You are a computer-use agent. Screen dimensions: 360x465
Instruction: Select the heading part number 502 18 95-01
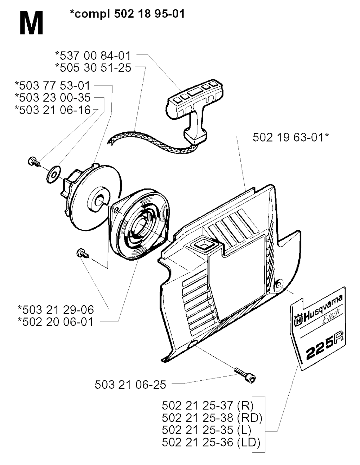click(x=149, y=14)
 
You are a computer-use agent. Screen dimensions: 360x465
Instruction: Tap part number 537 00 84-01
click(x=93, y=56)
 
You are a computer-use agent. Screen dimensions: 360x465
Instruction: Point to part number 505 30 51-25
click(x=93, y=68)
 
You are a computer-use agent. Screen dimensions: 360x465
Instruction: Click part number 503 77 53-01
click(x=53, y=86)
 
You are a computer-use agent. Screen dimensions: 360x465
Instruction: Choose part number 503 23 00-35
click(x=53, y=98)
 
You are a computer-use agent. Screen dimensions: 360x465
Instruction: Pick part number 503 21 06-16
click(x=53, y=110)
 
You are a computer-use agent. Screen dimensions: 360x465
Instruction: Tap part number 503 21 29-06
click(x=56, y=310)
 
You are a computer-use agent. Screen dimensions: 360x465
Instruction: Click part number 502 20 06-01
click(x=56, y=322)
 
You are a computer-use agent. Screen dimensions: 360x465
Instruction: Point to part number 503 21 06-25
click(x=130, y=385)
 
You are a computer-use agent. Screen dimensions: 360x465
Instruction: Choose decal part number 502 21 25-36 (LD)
click(x=211, y=442)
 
